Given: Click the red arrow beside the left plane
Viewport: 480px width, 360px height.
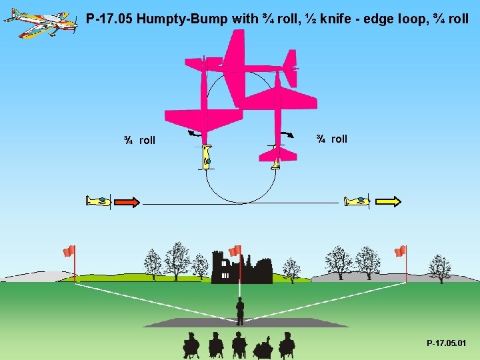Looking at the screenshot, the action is click(x=127, y=201).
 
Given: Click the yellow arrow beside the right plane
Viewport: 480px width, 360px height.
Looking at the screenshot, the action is click(x=388, y=201).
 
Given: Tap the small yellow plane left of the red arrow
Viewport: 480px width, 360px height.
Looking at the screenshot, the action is click(x=98, y=201).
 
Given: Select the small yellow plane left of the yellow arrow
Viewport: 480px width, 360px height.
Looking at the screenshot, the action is click(x=356, y=201).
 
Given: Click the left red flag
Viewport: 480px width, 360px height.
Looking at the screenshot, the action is click(x=69, y=251).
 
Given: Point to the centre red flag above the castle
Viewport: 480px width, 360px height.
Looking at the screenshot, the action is click(x=235, y=251).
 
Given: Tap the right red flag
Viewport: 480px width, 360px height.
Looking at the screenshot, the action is click(x=400, y=251).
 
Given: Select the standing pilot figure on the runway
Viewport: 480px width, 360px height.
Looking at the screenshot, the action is click(x=240, y=311).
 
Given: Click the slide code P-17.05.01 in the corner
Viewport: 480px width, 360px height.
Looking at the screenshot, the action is click(x=447, y=343).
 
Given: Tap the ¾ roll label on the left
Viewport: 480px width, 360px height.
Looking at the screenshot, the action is click(x=139, y=140).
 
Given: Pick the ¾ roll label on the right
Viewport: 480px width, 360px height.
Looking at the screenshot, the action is click(x=331, y=139).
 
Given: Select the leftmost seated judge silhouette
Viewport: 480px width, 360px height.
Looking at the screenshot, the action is click(x=191, y=345).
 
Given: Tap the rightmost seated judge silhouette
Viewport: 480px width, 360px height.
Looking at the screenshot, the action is click(x=287, y=345).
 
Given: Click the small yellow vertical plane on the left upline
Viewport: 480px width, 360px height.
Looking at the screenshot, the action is click(x=206, y=157).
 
